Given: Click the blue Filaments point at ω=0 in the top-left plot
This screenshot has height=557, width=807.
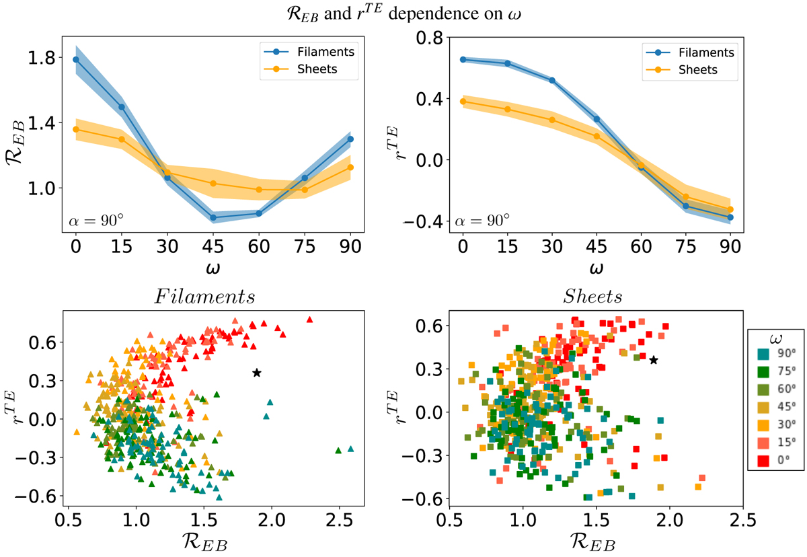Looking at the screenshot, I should click(76, 59).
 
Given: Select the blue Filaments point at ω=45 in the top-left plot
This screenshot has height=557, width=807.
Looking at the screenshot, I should click(213, 217).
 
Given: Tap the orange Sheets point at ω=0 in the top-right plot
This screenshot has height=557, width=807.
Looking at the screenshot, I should click(463, 102).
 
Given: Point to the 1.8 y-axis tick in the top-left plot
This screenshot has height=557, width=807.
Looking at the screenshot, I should click(44, 59).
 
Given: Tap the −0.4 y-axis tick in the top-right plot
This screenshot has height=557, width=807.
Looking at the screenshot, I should click(428, 221).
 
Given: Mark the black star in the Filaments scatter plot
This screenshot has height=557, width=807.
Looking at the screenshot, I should click(257, 373).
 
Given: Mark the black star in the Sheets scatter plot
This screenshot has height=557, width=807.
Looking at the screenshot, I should click(654, 360).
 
